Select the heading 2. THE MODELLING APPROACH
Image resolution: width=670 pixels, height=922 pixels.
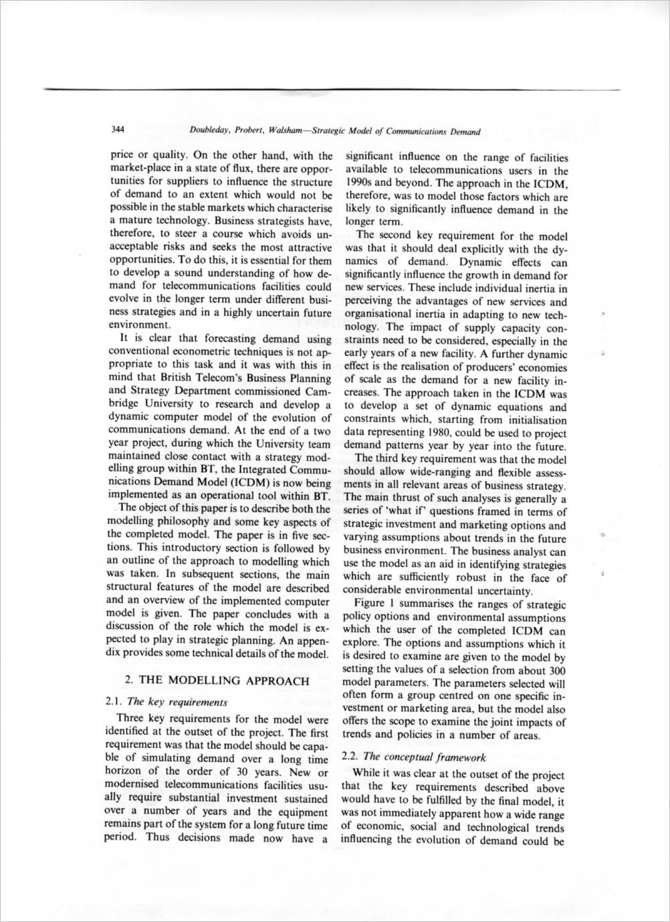[x=217, y=680]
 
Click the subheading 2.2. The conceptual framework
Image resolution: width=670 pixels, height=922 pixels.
[x=413, y=757]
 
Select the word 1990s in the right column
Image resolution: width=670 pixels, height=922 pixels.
[x=360, y=184]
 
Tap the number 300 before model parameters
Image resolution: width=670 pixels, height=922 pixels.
[x=557, y=670]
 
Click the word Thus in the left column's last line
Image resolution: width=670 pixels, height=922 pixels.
[x=158, y=837]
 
